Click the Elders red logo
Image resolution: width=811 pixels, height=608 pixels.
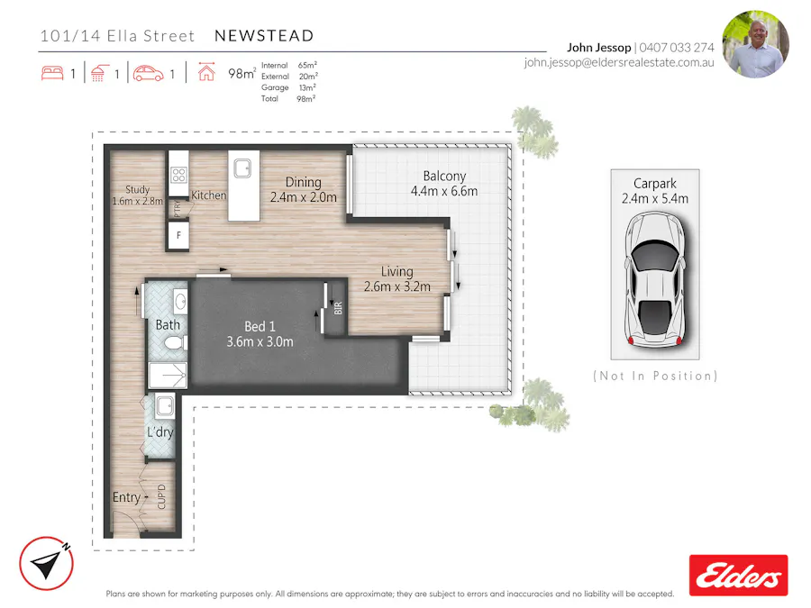coord(738,575)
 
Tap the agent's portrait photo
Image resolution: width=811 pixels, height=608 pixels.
coord(755,44)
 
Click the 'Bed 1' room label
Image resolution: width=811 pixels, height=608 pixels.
coord(260,327)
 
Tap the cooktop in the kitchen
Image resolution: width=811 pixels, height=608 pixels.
coord(178,175)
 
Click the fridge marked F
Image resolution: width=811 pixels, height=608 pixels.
coord(178,236)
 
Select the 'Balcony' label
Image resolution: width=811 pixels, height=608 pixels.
coord(443,177)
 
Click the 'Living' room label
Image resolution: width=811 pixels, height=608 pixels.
coord(396,271)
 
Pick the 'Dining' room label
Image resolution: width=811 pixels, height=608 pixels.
coord(304,182)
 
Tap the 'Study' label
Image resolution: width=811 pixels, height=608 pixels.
coord(137,189)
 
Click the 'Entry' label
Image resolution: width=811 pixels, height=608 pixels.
coord(126,497)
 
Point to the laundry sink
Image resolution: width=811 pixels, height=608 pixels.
coord(164,406)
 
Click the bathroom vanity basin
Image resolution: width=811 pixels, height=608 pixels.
coord(178,301)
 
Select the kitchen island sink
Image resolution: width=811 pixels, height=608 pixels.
coord(241,168)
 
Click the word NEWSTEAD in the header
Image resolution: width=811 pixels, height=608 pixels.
coord(264,36)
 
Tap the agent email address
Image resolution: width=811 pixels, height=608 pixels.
coord(618,63)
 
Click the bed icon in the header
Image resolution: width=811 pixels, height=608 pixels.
coord(52,74)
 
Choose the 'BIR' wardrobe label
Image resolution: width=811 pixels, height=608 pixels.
coord(338,307)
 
